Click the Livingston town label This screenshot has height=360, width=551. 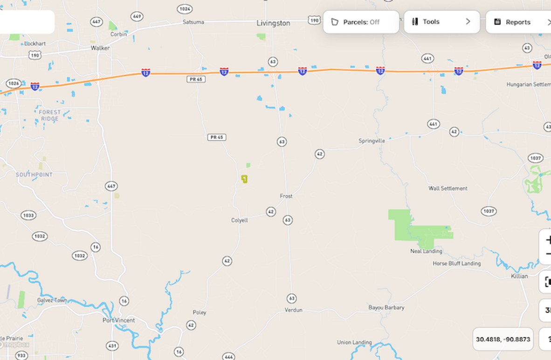(273, 23)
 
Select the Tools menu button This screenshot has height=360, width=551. (441, 22)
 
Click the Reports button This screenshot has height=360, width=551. (517, 22)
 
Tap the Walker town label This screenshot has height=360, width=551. (100, 48)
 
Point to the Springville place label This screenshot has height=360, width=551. (372, 140)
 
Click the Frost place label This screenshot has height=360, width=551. (286, 196)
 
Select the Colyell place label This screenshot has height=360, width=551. (240, 220)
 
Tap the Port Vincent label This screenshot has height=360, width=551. (118, 320)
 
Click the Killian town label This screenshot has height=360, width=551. (519, 276)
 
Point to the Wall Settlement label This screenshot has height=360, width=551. (448, 188)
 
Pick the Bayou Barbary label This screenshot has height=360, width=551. (386, 308)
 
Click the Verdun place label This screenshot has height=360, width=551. (294, 310)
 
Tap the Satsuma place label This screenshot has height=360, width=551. (193, 22)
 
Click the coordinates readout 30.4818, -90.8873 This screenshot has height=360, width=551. (503, 339)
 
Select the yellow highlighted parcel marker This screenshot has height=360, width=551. (244, 179)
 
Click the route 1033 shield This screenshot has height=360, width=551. (28, 215)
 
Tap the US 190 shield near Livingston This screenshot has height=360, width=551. (314, 20)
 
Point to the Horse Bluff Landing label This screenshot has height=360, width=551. (456, 263)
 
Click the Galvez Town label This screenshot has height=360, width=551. (52, 300)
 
